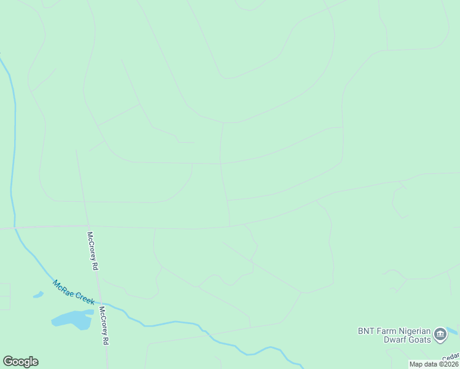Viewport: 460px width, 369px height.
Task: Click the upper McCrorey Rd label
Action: click(93, 251)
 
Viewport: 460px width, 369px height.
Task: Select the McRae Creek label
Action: click(73, 293)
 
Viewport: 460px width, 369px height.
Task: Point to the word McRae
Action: click(63, 288)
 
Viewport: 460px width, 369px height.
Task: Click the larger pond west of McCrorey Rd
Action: click(72, 319)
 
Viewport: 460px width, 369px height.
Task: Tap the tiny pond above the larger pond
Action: click(38, 295)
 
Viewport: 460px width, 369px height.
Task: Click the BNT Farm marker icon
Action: click(440, 335)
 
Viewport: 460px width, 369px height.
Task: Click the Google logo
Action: click(20, 362)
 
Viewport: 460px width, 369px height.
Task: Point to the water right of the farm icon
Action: click(454, 331)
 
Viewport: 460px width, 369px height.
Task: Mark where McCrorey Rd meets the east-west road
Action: click(88, 226)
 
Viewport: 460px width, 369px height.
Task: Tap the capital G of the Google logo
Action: click(7, 362)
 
